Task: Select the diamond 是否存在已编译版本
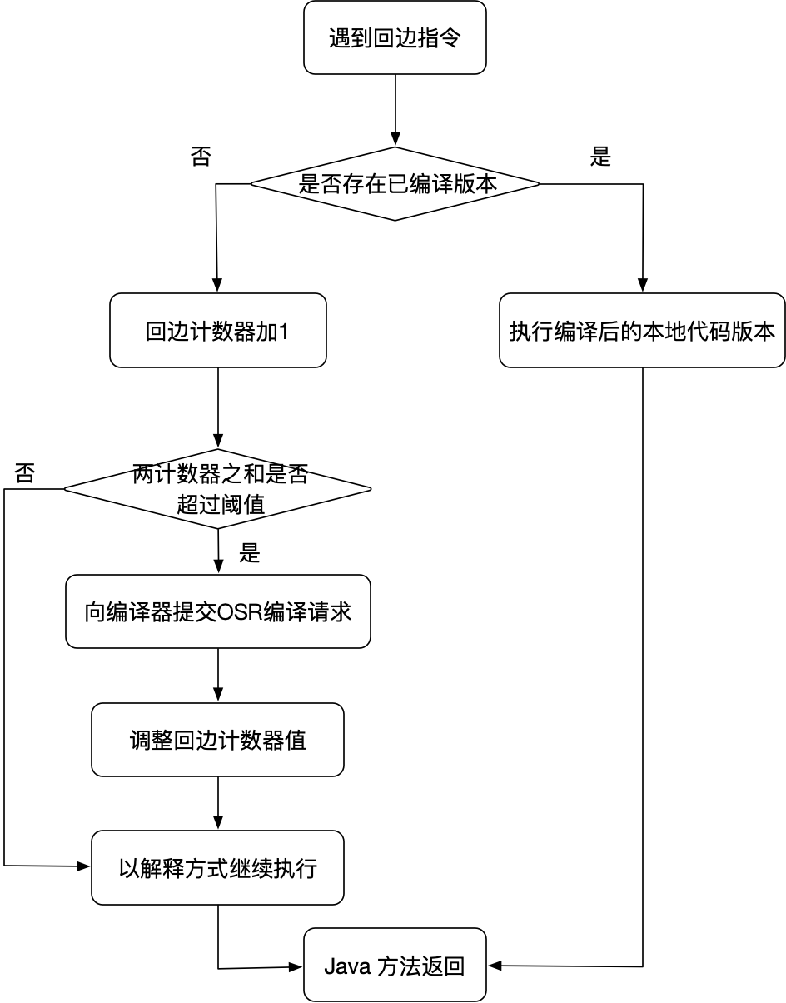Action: tap(395, 184)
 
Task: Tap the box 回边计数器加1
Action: tap(217, 331)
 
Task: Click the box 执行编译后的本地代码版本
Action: tap(642, 331)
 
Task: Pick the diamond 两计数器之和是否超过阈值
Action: tap(218, 489)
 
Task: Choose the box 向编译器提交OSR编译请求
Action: tap(217, 612)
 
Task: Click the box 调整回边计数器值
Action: tap(217, 740)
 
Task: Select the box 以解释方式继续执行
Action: tap(217, 868)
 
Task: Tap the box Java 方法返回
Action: tap(394, 966)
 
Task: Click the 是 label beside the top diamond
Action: tap(600, 157)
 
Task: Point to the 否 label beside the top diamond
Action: tap(201, 157)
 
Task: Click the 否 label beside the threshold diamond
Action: tap(25, 474)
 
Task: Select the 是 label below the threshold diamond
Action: tap(250, 554)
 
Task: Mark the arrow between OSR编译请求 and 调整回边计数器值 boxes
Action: tap(218, 676)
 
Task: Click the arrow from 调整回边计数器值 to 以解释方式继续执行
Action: tap(218, 803)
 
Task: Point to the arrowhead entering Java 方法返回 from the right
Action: tap(494, 966)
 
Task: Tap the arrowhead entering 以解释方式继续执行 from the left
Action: tap(84, 867)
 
